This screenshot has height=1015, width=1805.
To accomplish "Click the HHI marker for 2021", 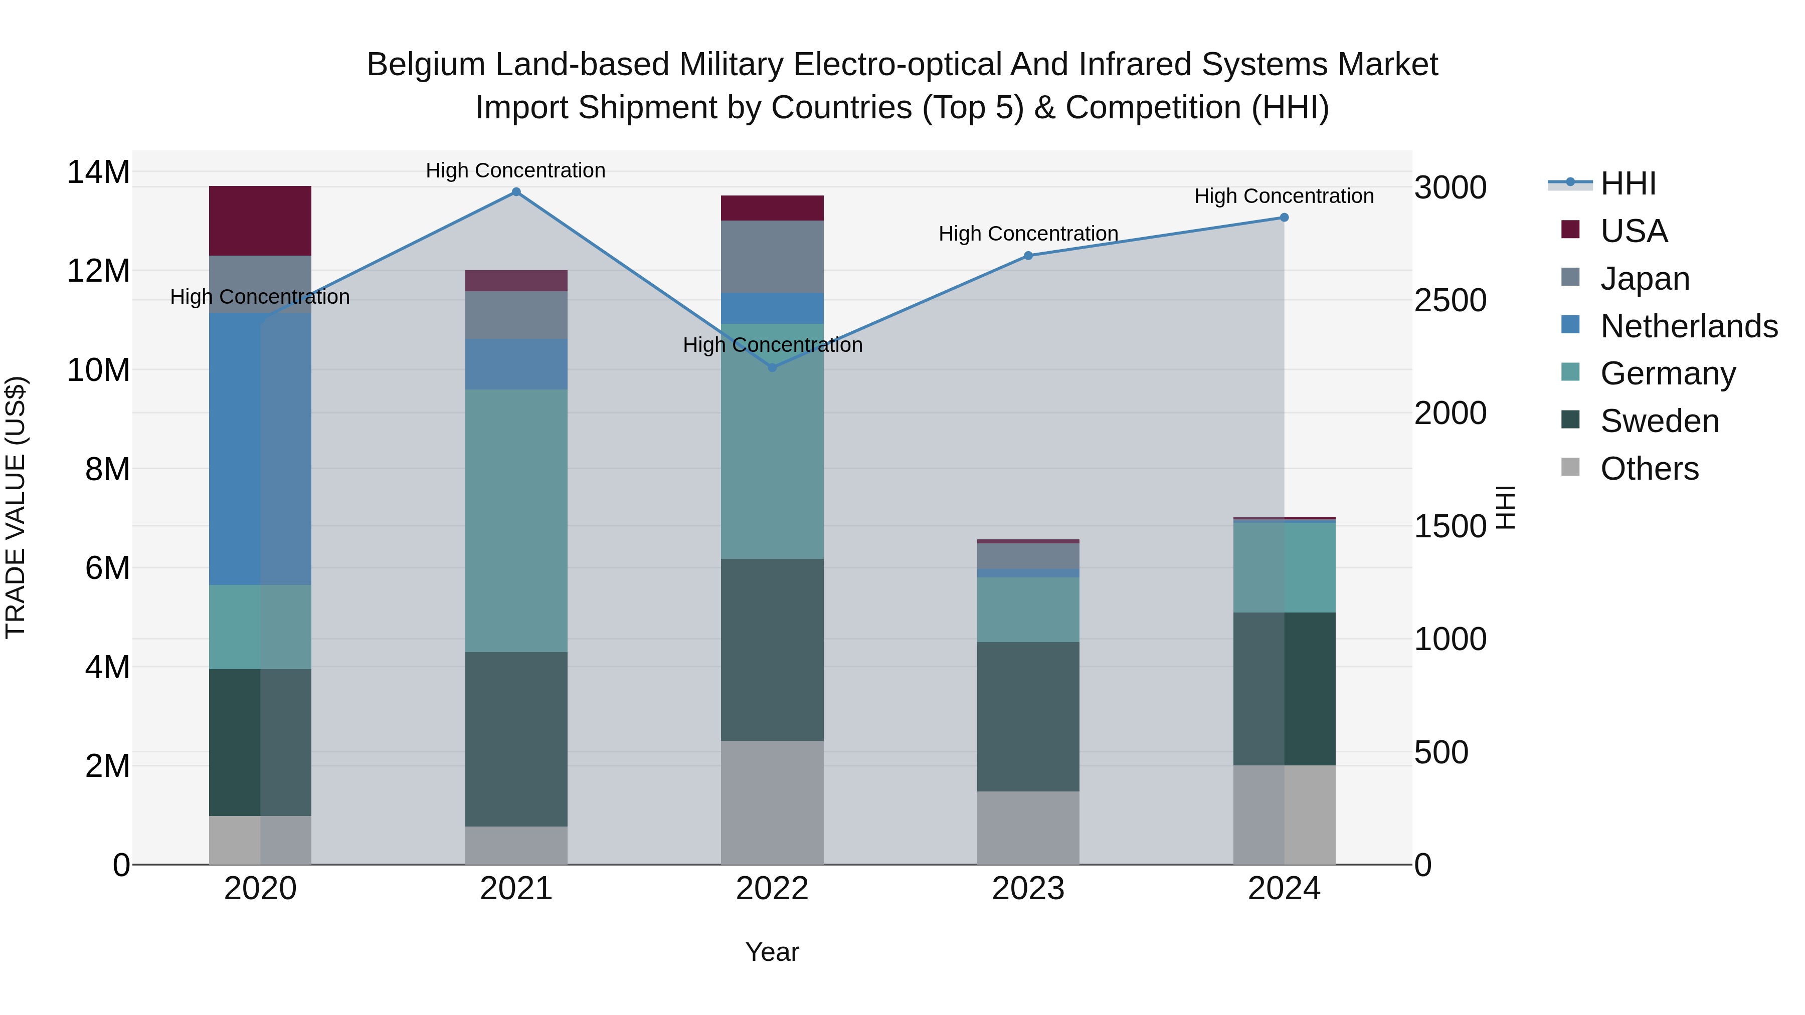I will pyautogui.click(x=516, y=192).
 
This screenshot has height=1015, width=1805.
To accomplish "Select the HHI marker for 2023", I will pyautogui.click(x=1028, y=256).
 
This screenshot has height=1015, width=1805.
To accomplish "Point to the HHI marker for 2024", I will pyautogui.click(x=1284, y=218).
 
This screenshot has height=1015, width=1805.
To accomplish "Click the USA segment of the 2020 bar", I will pyautogui.click(x=260, y=221).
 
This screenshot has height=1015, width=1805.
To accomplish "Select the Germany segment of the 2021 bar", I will pyautogui.click(x=516, y=520).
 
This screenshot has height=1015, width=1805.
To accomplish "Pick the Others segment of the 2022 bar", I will pyautogui.click(x=772, y=802).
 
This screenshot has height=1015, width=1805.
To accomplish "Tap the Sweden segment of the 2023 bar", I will pyautogui.click(x=1028, y=717).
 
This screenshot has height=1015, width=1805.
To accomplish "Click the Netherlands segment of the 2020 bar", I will pyautogui.click(x=260, y=448).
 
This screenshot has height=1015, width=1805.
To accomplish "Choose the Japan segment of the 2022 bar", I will pyautogui.click(x=772, y=256).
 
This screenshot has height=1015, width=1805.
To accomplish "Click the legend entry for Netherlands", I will pyautogui.click(x=1689, y=326).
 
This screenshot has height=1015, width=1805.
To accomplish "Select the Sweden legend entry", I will pyautogui.click(x=1659, y=421).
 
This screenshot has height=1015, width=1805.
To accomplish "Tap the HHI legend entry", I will pyautogui.click(x=1628, y=183).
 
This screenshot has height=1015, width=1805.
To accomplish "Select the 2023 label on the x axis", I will pyautogui.click(x=1028, y=889).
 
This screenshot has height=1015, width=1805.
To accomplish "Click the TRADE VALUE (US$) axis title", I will pyautogui.click(x=16, y=507).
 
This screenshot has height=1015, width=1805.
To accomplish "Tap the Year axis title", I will pyautogui.click(x=772, y=952).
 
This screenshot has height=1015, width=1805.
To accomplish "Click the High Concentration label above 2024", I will pyautogui.click(x=1284, y=196).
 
